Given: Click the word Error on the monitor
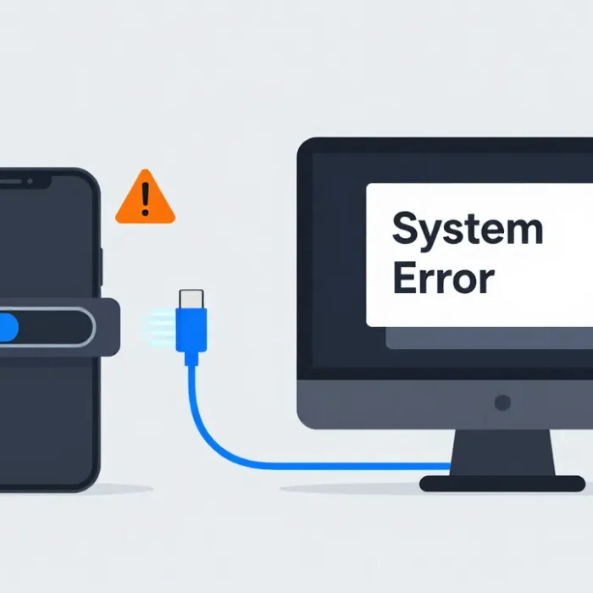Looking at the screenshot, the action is coord(444,278).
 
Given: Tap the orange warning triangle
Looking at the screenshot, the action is coord(145,197).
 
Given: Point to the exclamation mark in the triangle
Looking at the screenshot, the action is coord(145,199).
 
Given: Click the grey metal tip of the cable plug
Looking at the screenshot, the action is coord(191,299).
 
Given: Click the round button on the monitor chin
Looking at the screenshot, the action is coord(502,402).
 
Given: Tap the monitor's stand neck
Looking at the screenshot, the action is coord(502,452).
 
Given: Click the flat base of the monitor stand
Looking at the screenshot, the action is coord(502,484).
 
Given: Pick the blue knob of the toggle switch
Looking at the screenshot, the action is coord(8,327).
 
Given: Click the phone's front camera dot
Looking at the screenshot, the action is coord(30,181).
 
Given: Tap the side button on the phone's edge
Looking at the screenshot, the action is coord(102,267).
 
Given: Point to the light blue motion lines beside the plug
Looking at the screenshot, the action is coord(159,325).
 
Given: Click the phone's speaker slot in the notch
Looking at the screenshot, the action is coord(10,182).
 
